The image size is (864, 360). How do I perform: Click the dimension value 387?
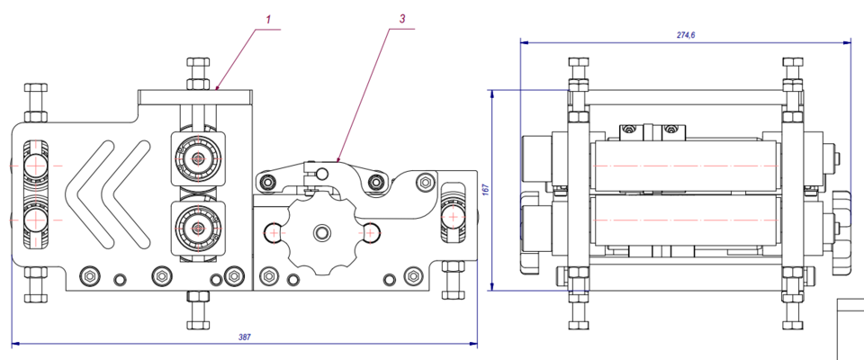coord(244,337)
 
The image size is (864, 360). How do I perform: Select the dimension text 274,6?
coord(686,35)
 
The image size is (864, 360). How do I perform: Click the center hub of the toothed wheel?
coord(320,233)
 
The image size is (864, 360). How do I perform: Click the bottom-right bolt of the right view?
coord(792,315)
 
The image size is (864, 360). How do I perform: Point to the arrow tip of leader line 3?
coord(337,161)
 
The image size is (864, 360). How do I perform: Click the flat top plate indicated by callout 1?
coord(194,94)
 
